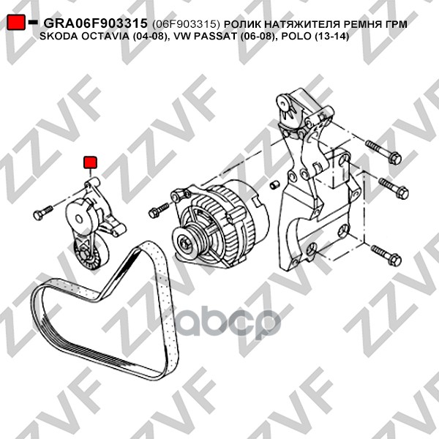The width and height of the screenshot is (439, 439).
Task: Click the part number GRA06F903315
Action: (95, 23)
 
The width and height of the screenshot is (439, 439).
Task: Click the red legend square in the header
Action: (16, 23)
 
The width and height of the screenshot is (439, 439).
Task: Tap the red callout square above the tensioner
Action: (91, 162)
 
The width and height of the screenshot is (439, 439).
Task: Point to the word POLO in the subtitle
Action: (296, 37)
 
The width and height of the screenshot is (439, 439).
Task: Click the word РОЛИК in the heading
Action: (242, 24)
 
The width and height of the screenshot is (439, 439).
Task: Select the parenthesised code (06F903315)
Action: (186, 24)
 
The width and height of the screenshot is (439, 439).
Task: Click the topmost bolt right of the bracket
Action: (383, 153)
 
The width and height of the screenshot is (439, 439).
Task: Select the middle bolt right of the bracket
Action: (394, 187)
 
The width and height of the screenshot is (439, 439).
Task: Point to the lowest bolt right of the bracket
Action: (386, 255)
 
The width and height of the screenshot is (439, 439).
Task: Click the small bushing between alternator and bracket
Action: (274, 185)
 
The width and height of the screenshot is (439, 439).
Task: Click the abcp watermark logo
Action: (228, 322)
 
